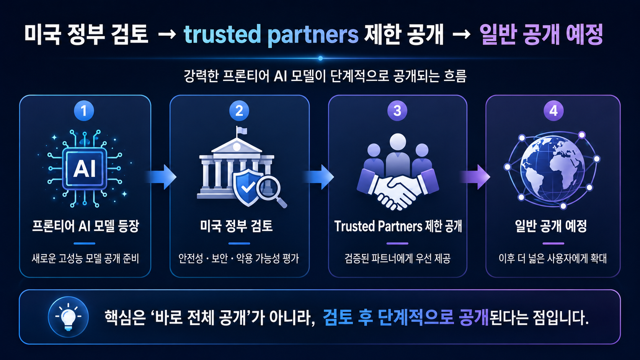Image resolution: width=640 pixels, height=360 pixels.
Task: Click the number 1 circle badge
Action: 84,111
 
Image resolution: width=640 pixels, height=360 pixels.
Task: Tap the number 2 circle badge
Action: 239,111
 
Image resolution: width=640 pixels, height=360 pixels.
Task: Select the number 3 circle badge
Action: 397,111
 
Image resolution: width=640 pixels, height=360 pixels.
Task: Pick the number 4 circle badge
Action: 553,111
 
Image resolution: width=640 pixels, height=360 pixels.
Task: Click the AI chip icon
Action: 85,168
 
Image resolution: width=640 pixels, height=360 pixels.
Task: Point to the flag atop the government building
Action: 242,131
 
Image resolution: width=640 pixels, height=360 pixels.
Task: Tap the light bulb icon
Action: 68,317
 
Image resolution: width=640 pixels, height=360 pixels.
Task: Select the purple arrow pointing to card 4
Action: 475,177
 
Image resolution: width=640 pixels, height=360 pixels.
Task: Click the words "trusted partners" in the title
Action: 271,35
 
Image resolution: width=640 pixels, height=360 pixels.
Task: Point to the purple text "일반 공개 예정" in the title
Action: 541,34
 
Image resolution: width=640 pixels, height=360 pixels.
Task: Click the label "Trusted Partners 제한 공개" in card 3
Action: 398,226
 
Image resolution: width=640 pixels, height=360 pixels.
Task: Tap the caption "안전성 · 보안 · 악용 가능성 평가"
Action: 238,259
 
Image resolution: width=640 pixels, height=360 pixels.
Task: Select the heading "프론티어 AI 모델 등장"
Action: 85,226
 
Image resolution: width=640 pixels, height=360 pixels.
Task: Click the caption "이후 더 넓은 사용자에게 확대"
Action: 553,259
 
